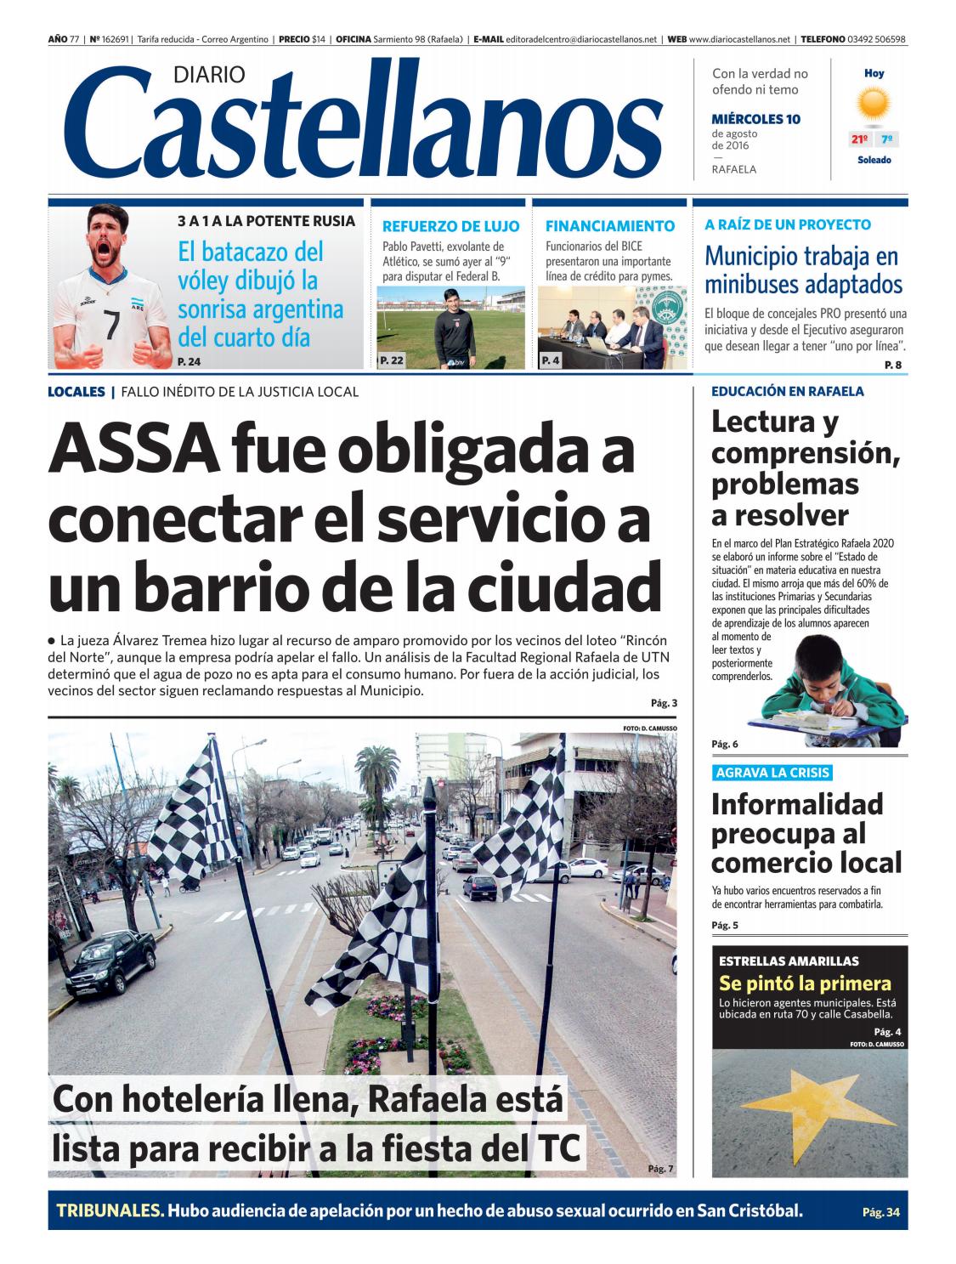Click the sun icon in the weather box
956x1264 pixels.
point(874,105)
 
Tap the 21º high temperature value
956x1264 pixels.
point(859,139)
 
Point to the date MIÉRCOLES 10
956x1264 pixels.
point(755,119)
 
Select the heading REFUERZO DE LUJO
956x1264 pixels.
point(450,226)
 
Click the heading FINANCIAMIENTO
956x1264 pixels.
point(609,226)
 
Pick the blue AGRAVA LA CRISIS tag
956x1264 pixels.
point(772,773)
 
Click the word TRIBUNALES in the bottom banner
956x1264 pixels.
point(110,1210)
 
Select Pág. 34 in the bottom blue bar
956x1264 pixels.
point(880,1212)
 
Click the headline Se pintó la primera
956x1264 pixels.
point(805,984)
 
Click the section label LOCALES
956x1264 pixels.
point(76,392)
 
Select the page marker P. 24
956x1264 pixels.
point(190,362)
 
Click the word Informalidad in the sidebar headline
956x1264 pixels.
point(785,803)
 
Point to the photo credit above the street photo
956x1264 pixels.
point(650,728)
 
